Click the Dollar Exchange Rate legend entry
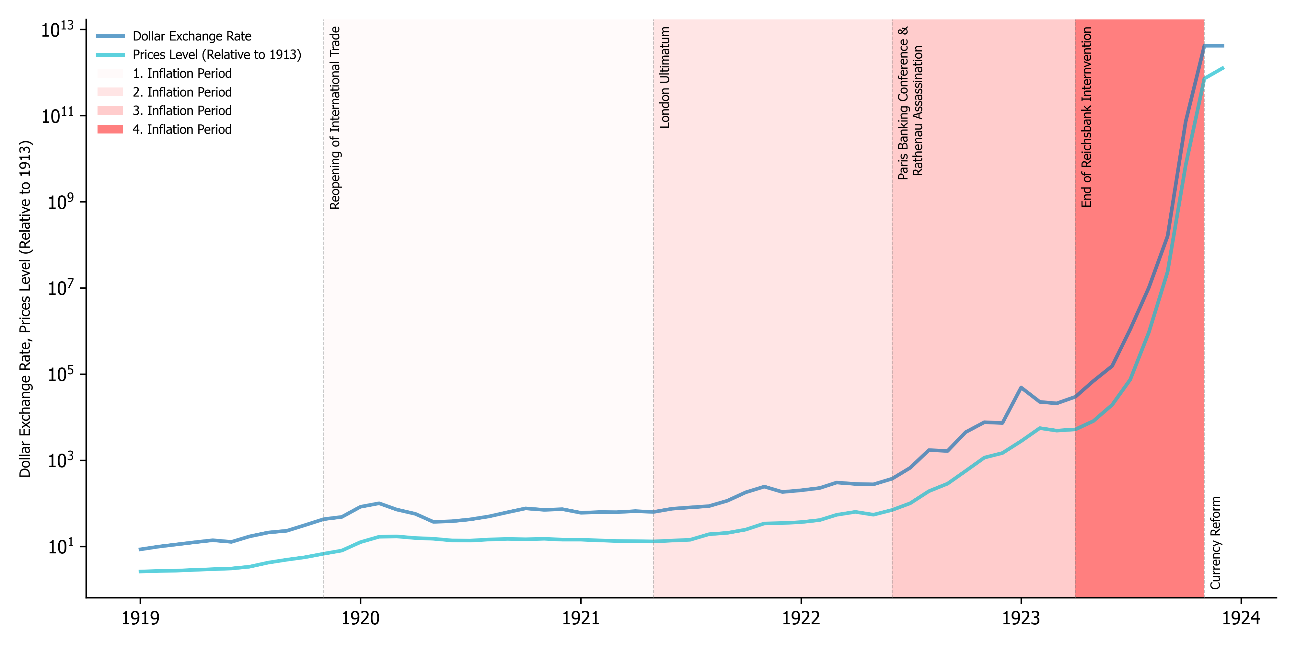(191, 36)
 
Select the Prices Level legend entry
(216, 55)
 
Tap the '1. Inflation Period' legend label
(182, 74)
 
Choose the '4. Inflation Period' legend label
(182, 129)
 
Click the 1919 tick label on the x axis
(140, 618)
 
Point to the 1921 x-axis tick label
(581, 618)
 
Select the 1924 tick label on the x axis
(1241, 618)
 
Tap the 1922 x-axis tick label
(801, 618)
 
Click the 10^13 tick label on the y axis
(57, 29)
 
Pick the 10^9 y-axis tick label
(60, 202)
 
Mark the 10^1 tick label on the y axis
(60, 546)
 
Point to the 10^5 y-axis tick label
(60, 374)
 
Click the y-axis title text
(25, 308)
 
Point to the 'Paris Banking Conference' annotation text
(904, 103)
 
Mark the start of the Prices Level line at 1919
(140, 572)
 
